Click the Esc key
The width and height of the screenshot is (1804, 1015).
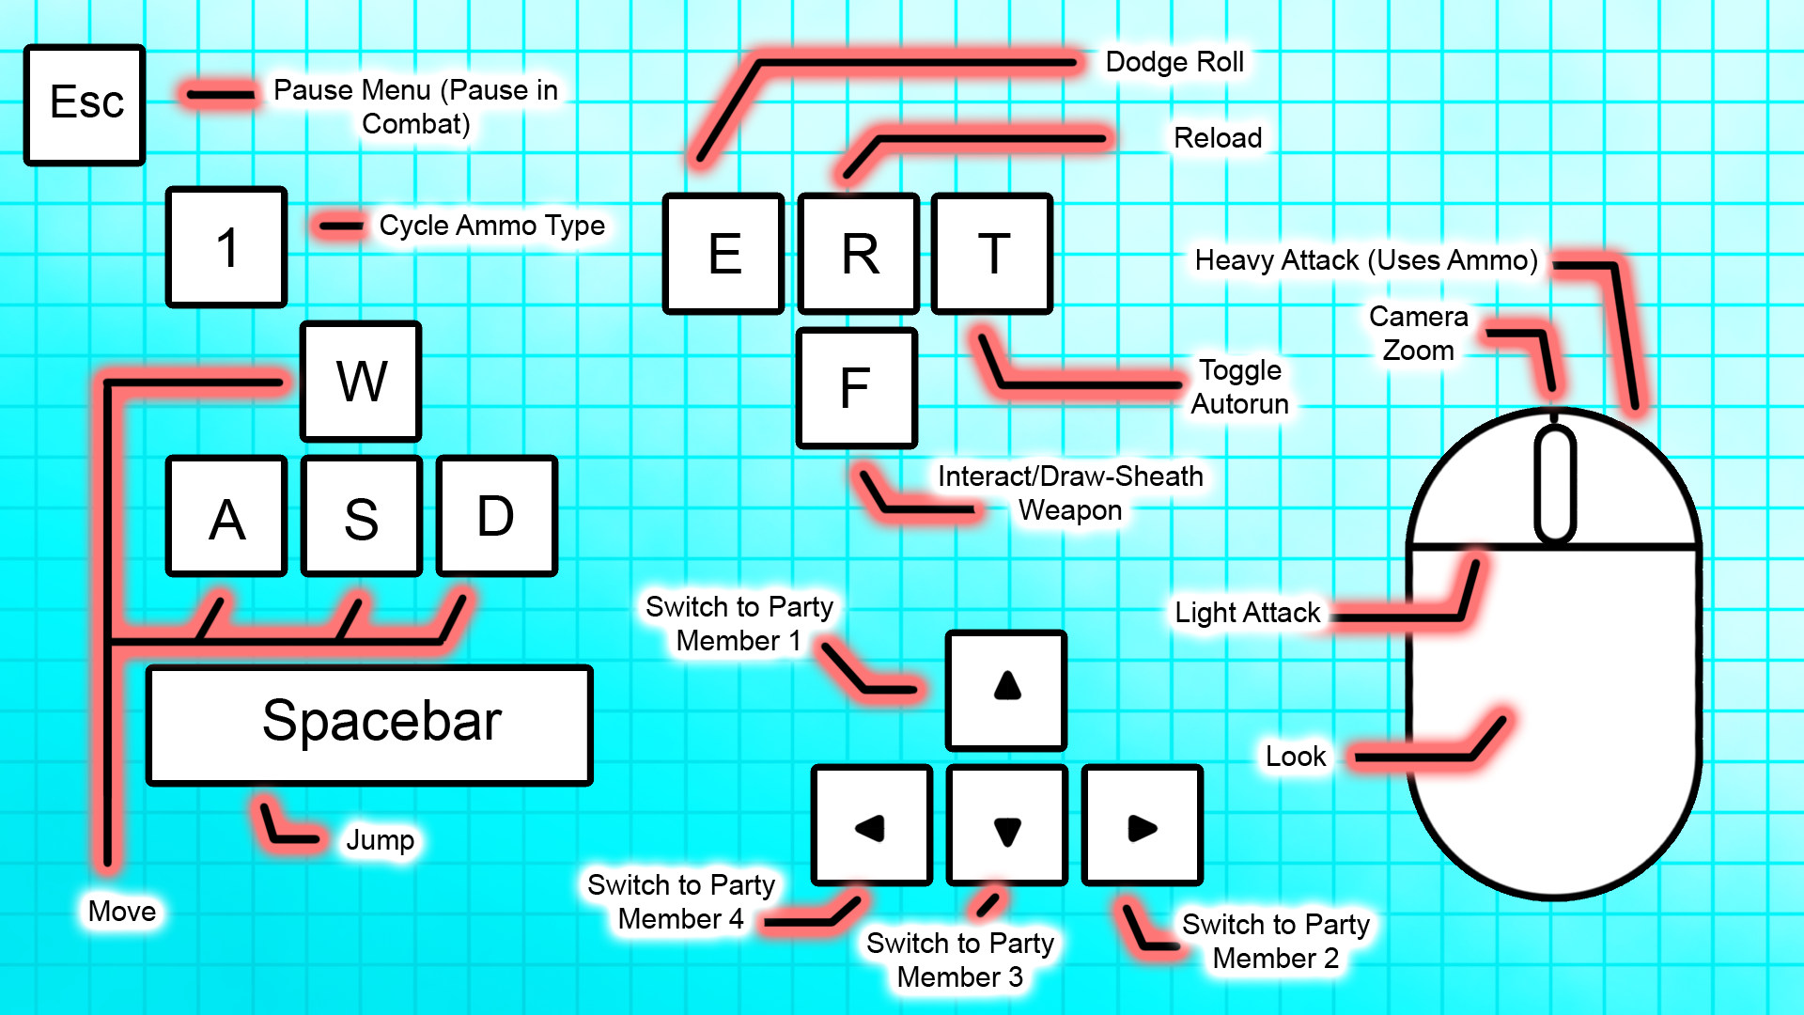point(85,104)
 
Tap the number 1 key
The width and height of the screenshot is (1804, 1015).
point(226,247)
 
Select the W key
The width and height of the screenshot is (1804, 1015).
point(361,382)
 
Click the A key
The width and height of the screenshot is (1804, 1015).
point(226,516)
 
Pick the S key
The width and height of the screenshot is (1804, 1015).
point(362,516)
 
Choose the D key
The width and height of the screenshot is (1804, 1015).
point(497,516)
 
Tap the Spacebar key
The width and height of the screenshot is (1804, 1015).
point(369,725)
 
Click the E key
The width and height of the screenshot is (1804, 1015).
point(723,254)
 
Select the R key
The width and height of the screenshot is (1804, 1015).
point(859,254)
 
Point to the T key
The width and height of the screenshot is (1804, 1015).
point(992,254)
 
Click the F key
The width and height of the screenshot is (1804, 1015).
point(856,388)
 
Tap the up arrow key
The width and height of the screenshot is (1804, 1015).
point(1006,690)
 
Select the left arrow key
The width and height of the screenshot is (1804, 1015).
point(872,825)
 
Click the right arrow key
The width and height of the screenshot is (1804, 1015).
point(1142,825)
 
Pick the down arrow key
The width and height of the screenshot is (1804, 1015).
point(1006,825)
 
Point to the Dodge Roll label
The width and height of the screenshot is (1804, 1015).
point(1174,62)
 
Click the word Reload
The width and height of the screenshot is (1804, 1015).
point(1218,138)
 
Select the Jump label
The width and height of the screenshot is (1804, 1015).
point(381,839)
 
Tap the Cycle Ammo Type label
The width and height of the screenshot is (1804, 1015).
point(491,226)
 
